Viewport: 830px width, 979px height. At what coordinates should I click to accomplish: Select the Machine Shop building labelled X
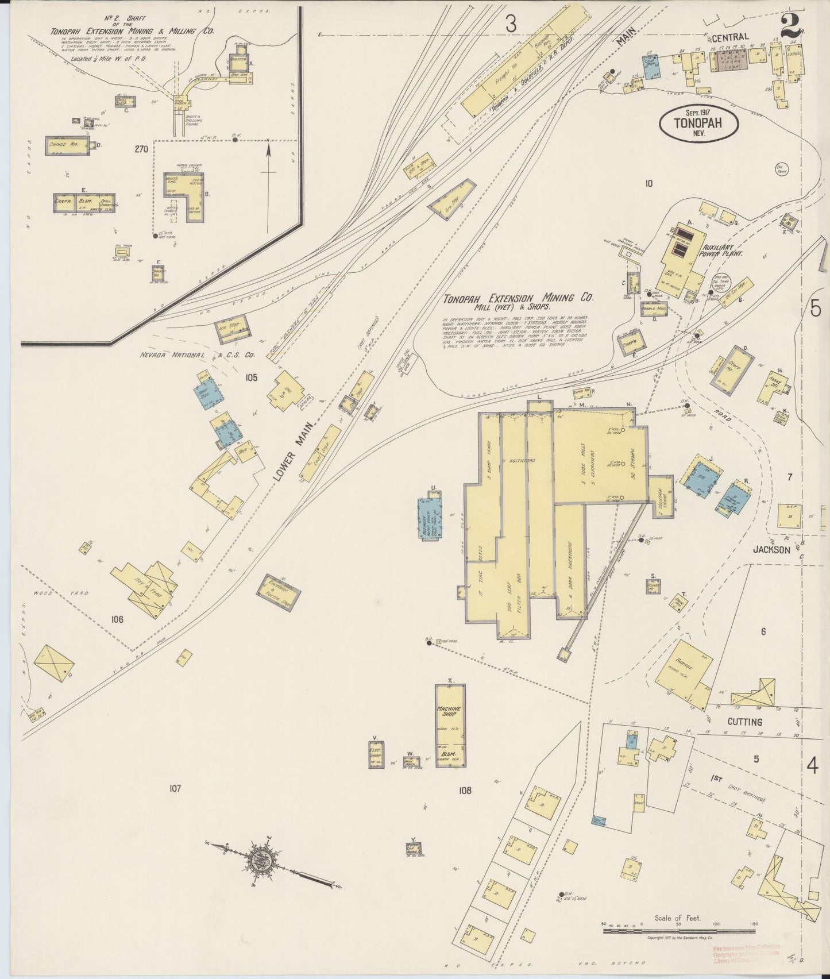[450, 725]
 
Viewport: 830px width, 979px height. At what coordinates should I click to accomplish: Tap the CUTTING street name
[744, 722]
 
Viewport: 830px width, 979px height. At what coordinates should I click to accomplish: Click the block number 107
[175, 788]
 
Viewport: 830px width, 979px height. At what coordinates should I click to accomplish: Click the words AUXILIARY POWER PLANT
[721, 247]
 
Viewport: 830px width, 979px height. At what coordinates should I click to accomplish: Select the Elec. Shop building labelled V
[375, 754]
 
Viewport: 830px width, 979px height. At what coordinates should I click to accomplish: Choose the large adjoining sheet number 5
[815, 309]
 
